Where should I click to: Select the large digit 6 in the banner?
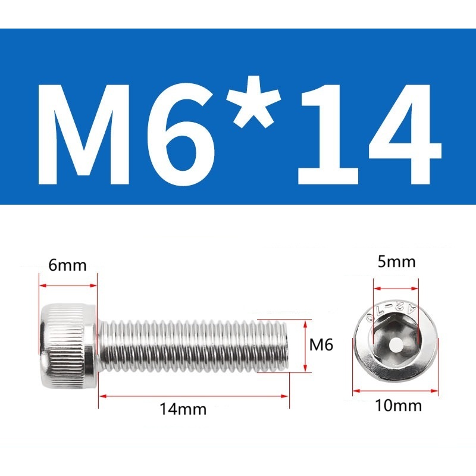point(180,136)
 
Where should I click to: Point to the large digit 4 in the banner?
point(405,135)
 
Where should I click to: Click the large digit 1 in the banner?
point(330,135)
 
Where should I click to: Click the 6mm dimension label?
point(67,265)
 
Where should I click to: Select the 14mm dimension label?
point(183,409)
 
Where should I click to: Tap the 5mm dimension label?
point(396,262)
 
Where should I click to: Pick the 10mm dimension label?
point(398,405)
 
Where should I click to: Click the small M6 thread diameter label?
point(321,345)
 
